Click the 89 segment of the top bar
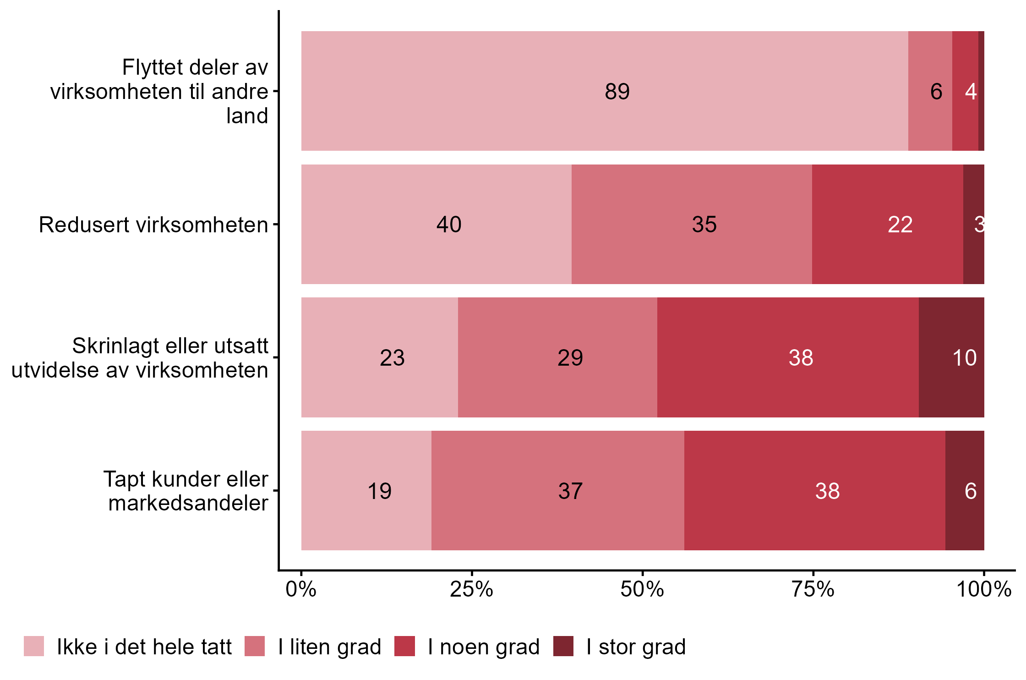605,91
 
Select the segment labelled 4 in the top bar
966,91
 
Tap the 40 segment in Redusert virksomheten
436,225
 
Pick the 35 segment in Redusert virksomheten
692,225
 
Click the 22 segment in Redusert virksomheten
888,225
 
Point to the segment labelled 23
379,357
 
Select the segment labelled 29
557,357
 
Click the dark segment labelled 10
951,357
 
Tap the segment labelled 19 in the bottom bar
366,491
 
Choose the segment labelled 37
557,491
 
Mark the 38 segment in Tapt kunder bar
814,491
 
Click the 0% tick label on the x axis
301,589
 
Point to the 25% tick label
471,589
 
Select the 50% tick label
642,589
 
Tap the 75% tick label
813,589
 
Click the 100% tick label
983,589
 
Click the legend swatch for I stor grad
563,646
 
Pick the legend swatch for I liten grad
255,646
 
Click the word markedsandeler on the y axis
188,503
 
